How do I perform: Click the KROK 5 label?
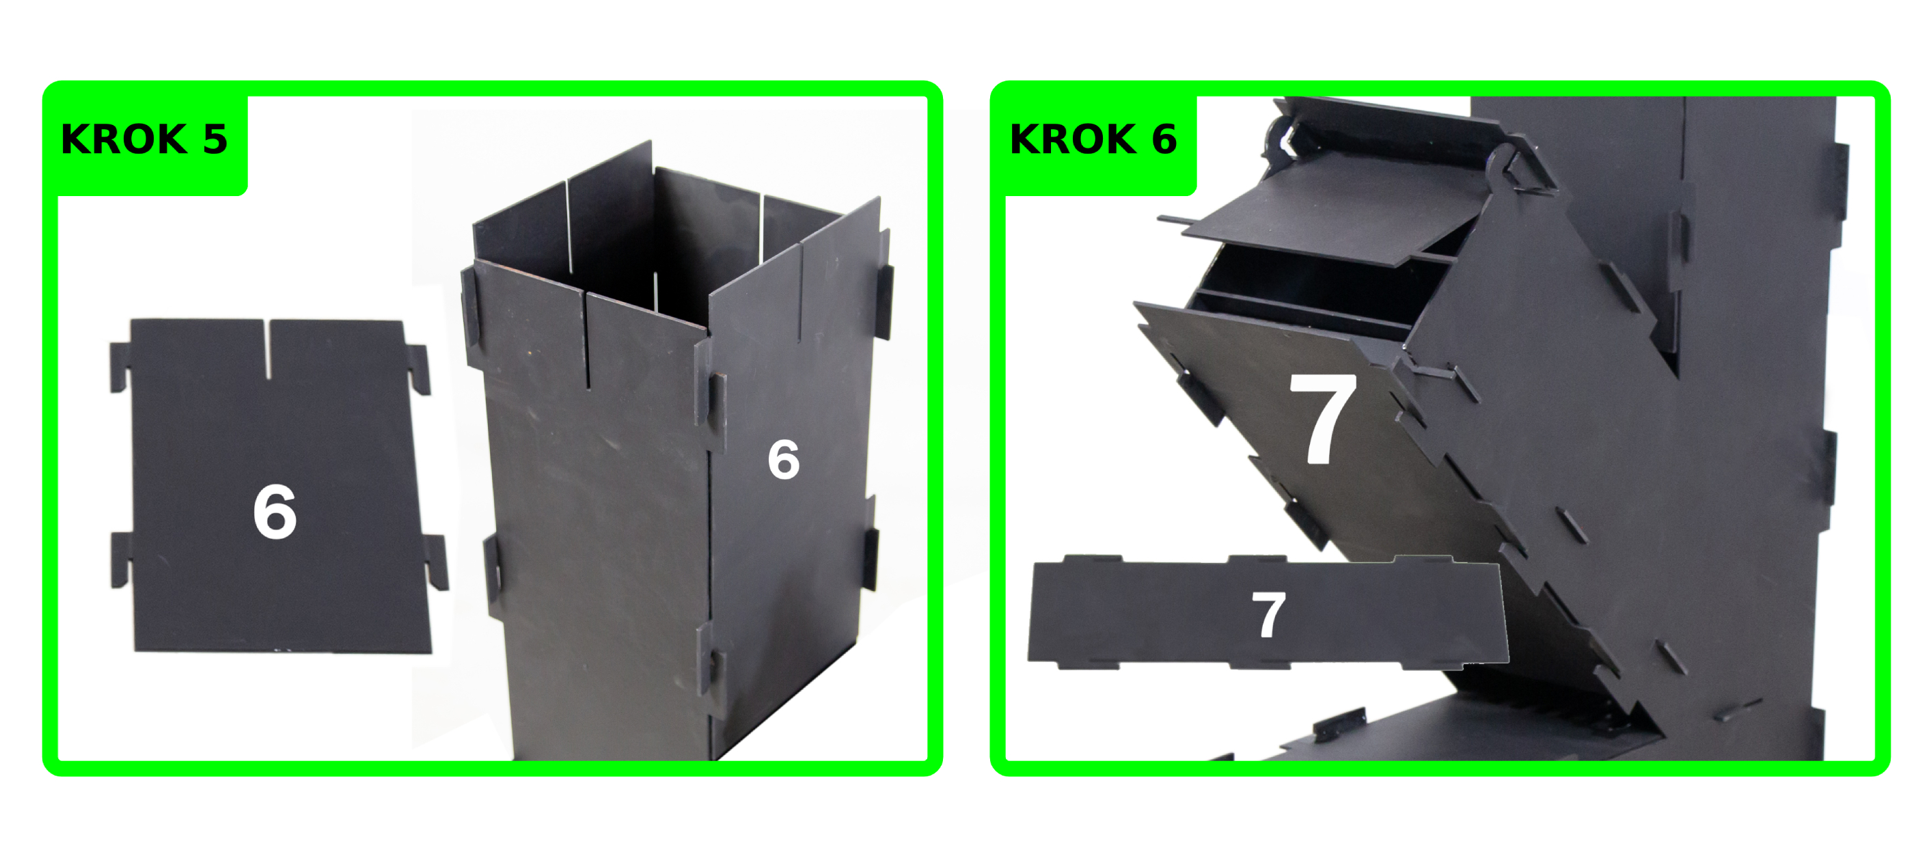coord(143,139)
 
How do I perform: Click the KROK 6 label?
coord(1093,139)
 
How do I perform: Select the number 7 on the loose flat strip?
coord(1268,616)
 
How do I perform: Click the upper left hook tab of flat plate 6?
coord(120,367)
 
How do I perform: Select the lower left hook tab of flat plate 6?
coord(120,559)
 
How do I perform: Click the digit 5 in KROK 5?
coord(215,139)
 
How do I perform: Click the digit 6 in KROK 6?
coord(1164,139)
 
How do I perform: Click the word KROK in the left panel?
coord(124,139)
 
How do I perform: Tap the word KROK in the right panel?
coord(1072,139)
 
